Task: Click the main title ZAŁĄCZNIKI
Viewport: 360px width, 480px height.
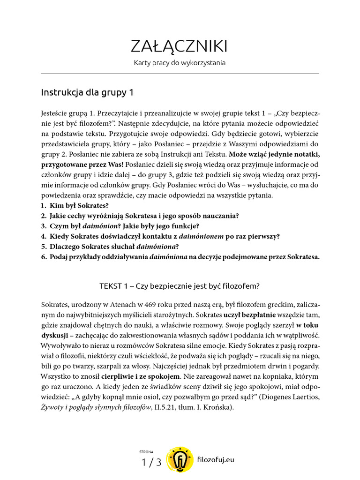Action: click(x=180, y=46)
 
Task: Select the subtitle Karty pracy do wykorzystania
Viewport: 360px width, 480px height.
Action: click(x=180, y=63)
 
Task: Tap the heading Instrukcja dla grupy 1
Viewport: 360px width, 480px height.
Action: click(x=88, y=93)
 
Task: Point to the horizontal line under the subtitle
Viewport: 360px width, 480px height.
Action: click(x=180, y=74)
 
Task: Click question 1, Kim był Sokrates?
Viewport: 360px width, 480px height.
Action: click(x=75, y=206)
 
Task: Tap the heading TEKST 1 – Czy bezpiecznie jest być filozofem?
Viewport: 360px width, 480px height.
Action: click(x=180, y=285)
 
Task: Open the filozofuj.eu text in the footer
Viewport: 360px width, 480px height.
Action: click(x=216, y=460)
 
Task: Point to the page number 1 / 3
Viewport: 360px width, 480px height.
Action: click(x=151, y=463)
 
